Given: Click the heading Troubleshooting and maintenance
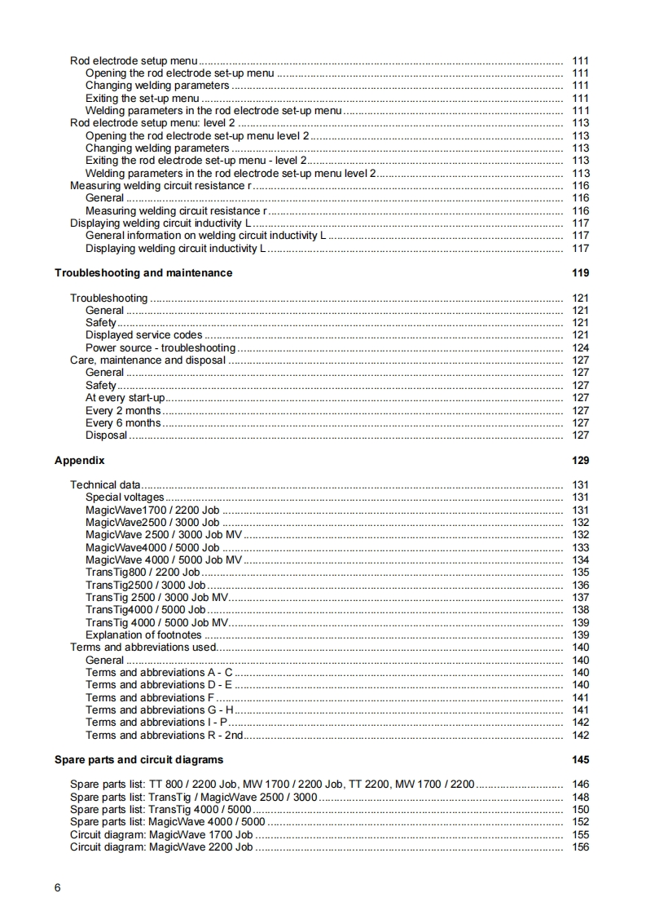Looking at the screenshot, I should [x=143, y=273].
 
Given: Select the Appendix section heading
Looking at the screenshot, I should [x=80, y=461].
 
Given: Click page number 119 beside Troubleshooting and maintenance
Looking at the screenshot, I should [x=580, y=273].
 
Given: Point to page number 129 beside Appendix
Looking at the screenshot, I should [x=580, y=461].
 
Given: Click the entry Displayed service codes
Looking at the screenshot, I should [x=144, y=335].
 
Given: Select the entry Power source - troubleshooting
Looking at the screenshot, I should [x=160, y=348].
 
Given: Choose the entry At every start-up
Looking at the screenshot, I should [x=125, y=398].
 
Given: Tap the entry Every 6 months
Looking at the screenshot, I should [x=123, y=423].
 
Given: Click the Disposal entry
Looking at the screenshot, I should [x=107, y=435].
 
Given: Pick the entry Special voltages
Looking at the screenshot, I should [x=125, y=497].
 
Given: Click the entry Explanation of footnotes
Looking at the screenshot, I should [x=143, y=635].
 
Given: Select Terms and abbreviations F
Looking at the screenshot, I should [x=150, y=698].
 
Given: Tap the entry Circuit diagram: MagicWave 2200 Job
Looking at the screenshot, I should [x=161, y=847].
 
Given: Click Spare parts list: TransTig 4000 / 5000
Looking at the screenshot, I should [x=160, y=810].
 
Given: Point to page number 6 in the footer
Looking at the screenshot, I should [x=58, y=887].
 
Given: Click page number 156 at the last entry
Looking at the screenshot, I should [x=580, y=847].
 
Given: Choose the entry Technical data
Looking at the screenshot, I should [x=105, y=485].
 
